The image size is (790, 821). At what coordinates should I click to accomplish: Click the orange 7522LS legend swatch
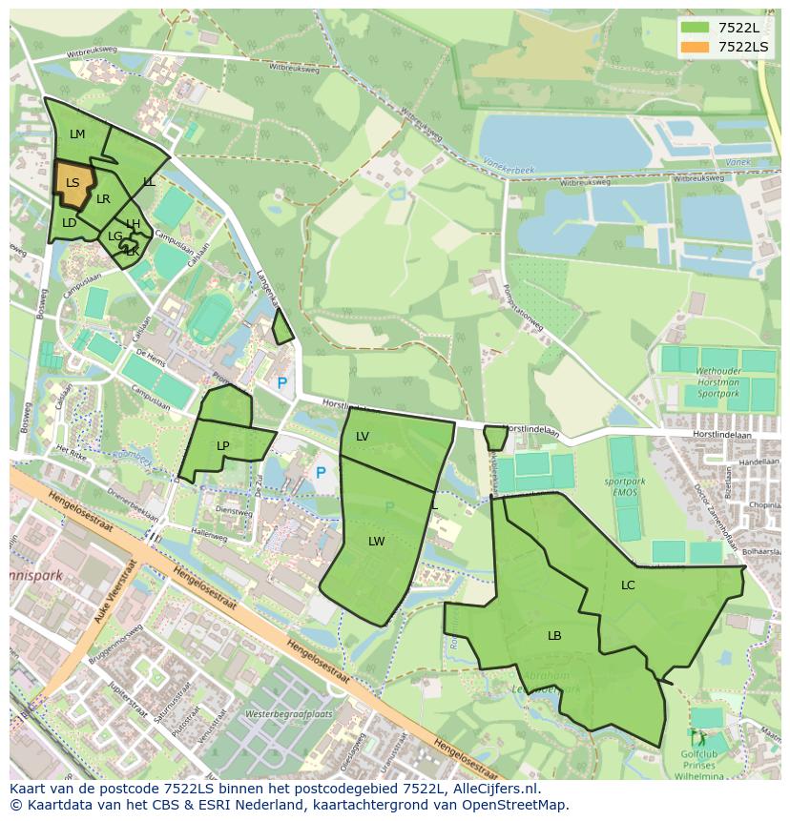pyautogui.click(x=696, y=46)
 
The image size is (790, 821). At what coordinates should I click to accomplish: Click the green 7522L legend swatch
pyautogui.click(x=696, y=28)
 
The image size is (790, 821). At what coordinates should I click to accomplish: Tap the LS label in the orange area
pyautogui.click(x=73, y=182)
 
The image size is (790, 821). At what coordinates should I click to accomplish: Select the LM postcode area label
pyautogui.click(x=77, y=134)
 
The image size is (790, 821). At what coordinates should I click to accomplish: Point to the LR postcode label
pyautogui.click(x=103, y=199)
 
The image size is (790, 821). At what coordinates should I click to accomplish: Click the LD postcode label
pyautogui.click(x=69, y=223)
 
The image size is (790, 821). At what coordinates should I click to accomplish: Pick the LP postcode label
pyautogui.click(x=223, y=445)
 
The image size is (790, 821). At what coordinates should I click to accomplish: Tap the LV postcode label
pyautogui.click(x=363, y=436)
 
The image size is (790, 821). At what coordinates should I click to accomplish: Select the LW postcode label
pyautogui.click(x=377, y=541)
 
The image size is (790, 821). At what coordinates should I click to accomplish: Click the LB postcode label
pyautogui.click(x=554, y=635)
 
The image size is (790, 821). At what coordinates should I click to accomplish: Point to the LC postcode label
pyautogui.click(x=628, y=585)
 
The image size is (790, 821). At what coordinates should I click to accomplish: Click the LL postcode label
pyautogui.click(x=149, y=181)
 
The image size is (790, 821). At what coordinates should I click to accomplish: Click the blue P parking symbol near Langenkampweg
pyautogui.click(x=281, y=382)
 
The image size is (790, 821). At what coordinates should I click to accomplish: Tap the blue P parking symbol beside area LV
pyautogui.click(x=321, y=472)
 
